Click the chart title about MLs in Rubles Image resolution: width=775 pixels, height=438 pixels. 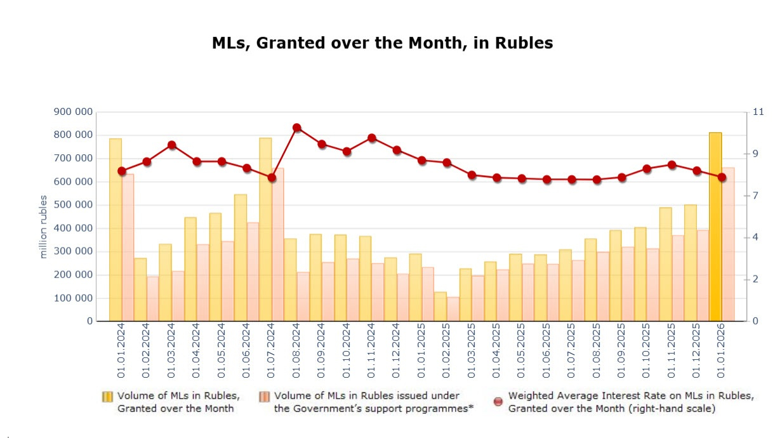pos(382,43)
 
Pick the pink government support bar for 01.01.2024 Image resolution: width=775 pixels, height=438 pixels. pos(128,248)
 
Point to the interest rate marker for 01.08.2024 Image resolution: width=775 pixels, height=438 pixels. pos(296,128)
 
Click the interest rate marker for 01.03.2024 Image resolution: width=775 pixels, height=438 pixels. pos(171,145)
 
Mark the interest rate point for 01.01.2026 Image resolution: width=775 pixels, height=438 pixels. pos(722,177)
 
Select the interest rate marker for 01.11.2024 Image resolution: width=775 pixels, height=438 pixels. pos(372,138)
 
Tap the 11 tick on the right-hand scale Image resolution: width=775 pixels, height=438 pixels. pos(758,112)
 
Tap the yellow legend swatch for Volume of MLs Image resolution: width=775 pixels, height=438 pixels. pos(107,397)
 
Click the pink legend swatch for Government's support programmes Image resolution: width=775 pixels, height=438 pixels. pos(264,397)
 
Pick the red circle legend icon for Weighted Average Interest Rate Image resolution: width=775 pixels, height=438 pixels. pos(498,401)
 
